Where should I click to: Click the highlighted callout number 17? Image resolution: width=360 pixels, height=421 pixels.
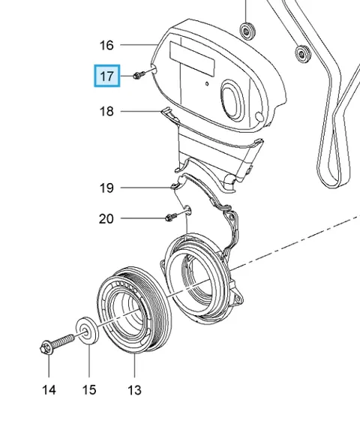tap(106, 77)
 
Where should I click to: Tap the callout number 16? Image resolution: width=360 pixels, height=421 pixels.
tap(106, 45)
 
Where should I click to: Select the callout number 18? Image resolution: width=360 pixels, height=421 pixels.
tap(106, 111)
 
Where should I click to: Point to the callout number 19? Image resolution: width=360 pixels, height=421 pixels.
tap(106, 188)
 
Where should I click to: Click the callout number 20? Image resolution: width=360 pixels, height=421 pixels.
tap(106, 219)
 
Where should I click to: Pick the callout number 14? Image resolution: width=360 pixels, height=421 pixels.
tap(49, 389)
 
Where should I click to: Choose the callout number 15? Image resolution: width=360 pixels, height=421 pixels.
tap(89, 389)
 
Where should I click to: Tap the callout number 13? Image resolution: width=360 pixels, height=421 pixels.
tap(134, 389)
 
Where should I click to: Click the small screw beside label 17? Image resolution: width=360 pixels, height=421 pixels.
tap(139, 74)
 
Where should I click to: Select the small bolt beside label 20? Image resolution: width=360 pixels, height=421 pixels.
tap(172, 216)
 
